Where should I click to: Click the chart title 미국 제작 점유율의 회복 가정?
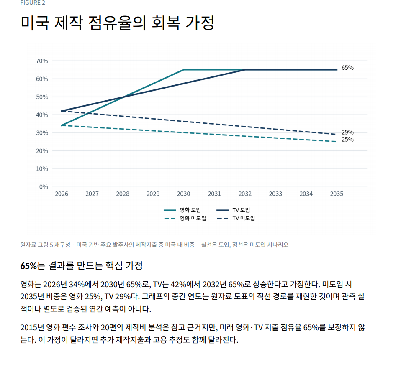[117, 23]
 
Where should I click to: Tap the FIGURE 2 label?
[33, 3]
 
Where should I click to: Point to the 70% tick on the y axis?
[42, 61]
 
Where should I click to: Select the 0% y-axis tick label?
[44, 187]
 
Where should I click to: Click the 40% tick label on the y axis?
[42, 115]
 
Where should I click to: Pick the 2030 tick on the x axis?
[183, 194]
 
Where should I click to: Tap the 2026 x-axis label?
[62, 194]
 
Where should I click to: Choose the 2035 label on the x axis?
[337, 194]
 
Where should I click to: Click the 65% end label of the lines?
[347, 68]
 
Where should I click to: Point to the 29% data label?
[347, 132]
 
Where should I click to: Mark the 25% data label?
[347, 140]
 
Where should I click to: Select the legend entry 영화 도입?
[183, 210]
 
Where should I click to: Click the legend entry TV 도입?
[233, 210]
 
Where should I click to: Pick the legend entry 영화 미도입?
[185, 218]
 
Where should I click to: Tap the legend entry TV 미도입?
[236, 218]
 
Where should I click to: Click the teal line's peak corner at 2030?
[184, 69]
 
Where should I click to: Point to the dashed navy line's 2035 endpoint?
[337, 134]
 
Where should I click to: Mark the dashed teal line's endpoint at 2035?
[337, 142]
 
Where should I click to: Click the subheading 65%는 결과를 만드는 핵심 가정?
[81, 266]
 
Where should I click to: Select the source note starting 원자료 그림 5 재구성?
[154, 245]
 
